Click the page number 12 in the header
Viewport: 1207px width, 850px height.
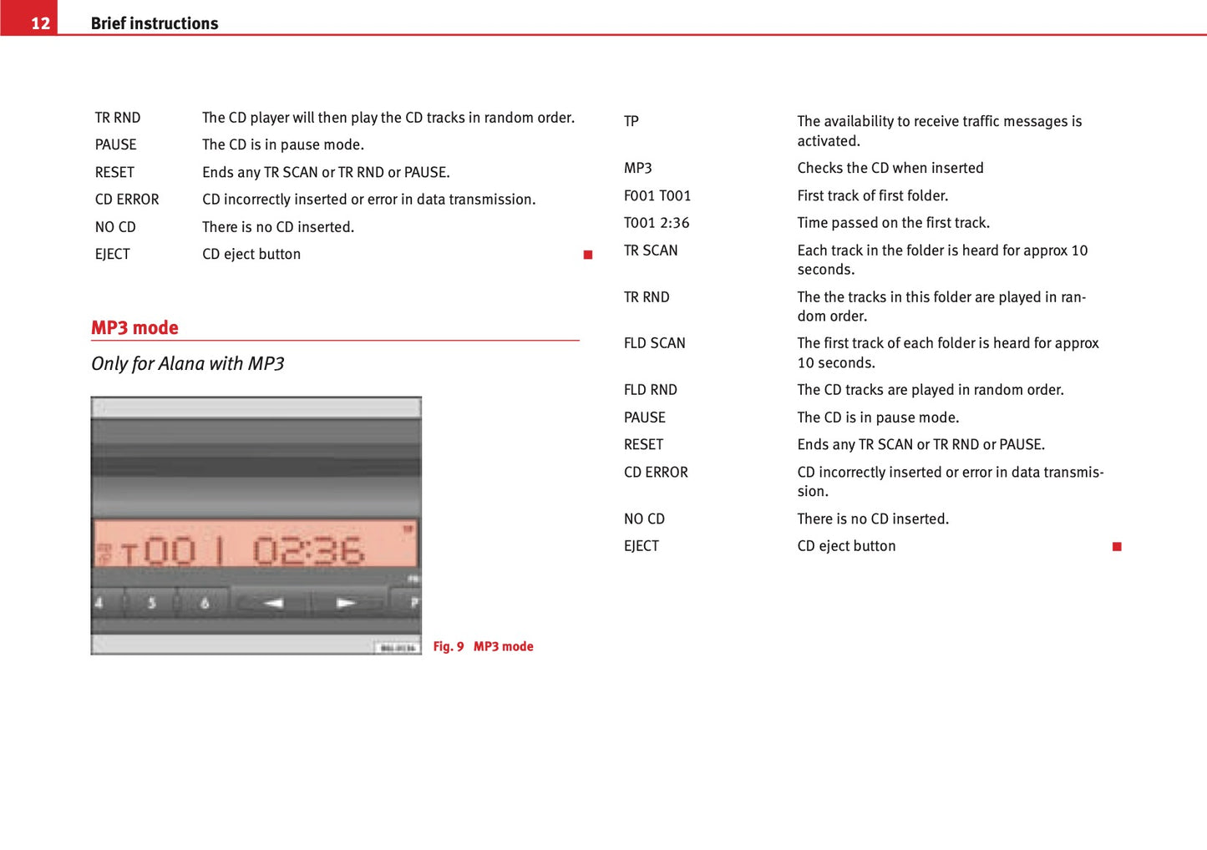click(x=40, y=23)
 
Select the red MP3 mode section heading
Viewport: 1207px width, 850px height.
click(x=134, y=328)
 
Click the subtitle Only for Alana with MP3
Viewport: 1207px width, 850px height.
click(x=188, y=364)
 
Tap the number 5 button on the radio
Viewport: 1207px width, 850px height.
click(x=151, y=603)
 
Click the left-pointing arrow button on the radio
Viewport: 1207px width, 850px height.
click(x=273, y=603)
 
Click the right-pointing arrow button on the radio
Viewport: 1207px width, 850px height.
click(x=347, y=603)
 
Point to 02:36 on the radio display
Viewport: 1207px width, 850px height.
click(x=308, y=551)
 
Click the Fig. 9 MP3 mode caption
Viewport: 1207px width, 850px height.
click(x=483, y=646)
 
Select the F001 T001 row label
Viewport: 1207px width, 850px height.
click(x=657, y=196)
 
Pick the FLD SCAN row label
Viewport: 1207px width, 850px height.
click(x=654, y=343)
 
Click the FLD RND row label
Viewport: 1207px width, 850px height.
click(x=650, y=390)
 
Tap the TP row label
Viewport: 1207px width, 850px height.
click(x=631, y=122)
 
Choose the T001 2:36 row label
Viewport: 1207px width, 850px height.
click(x=657, y=223)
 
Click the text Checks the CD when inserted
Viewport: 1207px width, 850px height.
click(x=890, y=169)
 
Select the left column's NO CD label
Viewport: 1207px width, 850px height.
click(x=115, y=227)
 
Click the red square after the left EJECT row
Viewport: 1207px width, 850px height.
click(x=588, y=255)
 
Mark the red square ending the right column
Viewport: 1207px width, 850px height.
click(x=1117, y=547)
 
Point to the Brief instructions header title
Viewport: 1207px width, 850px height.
click(x=155, y=23)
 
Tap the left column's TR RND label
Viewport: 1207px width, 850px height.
click(x=118, y=118)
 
